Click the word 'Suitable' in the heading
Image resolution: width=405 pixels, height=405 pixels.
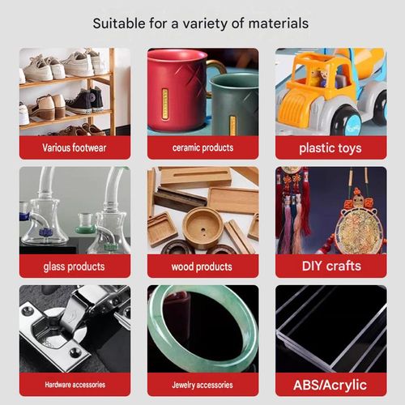[119, 23]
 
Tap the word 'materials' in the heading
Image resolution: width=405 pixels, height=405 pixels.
[279, 23]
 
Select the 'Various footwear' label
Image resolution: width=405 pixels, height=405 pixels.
[75, 147]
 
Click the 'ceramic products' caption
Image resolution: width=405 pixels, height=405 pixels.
[202, 147]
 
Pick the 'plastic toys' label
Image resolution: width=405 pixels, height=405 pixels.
[330, 148]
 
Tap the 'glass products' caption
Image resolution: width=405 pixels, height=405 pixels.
[74, 266]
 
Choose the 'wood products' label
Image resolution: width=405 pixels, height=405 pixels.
[202, 266]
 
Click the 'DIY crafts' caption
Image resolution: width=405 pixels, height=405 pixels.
[331, 266]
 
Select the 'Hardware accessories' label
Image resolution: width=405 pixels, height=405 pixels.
[75, 385]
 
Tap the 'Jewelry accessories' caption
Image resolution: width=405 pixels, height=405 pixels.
[202, 385]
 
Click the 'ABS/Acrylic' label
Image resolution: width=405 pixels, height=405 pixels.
[330, 385]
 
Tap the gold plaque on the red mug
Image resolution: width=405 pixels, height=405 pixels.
[164, 104]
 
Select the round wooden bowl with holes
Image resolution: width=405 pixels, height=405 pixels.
[202, 228]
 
